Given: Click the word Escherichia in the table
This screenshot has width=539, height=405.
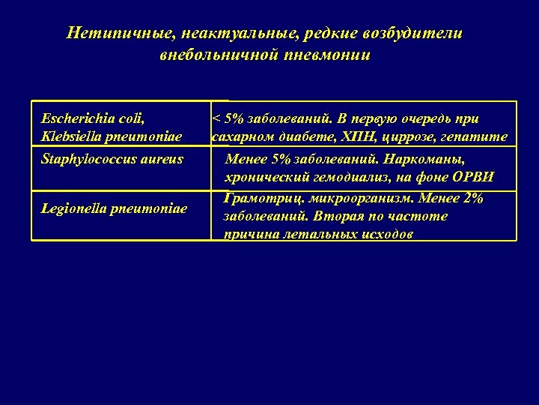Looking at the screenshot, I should pyautogui.click(x=75, y=118).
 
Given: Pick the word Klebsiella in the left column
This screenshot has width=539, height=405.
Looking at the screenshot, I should pyautogui.click(x=70, y=136).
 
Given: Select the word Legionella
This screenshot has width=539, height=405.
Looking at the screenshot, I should pyautogui.click(x=73, y=207).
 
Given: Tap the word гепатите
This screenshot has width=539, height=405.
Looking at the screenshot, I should pyautogui.click(x=480, y=136).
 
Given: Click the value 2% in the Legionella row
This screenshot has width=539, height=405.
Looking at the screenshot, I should pyautogui.click(x=473, y=199).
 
